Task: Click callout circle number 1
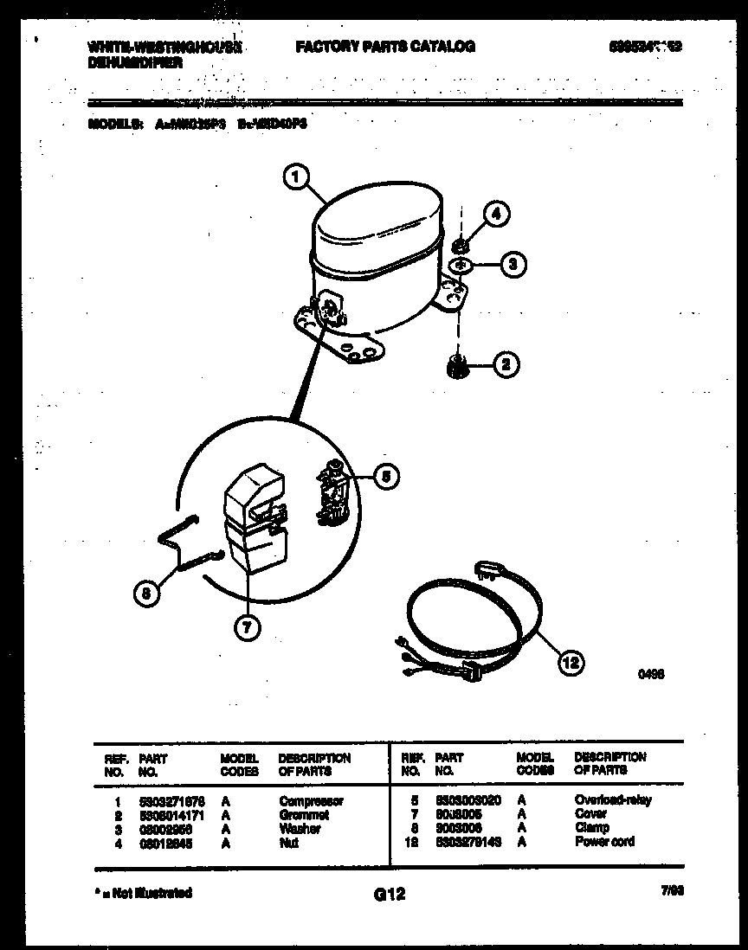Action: [296, 177]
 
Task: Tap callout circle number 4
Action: [497, 214]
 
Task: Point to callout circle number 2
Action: [507, 365]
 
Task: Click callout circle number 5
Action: [387, 474]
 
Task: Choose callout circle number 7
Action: [248, 629]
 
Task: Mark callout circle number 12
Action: [571, 664]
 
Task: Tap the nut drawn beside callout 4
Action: [461, 247]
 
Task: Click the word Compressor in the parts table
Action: [311, 801]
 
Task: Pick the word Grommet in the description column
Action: [304, 815]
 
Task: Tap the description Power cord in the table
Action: [604, 841]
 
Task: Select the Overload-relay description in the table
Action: [613, 800]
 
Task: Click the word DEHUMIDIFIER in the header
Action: [134, 63]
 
